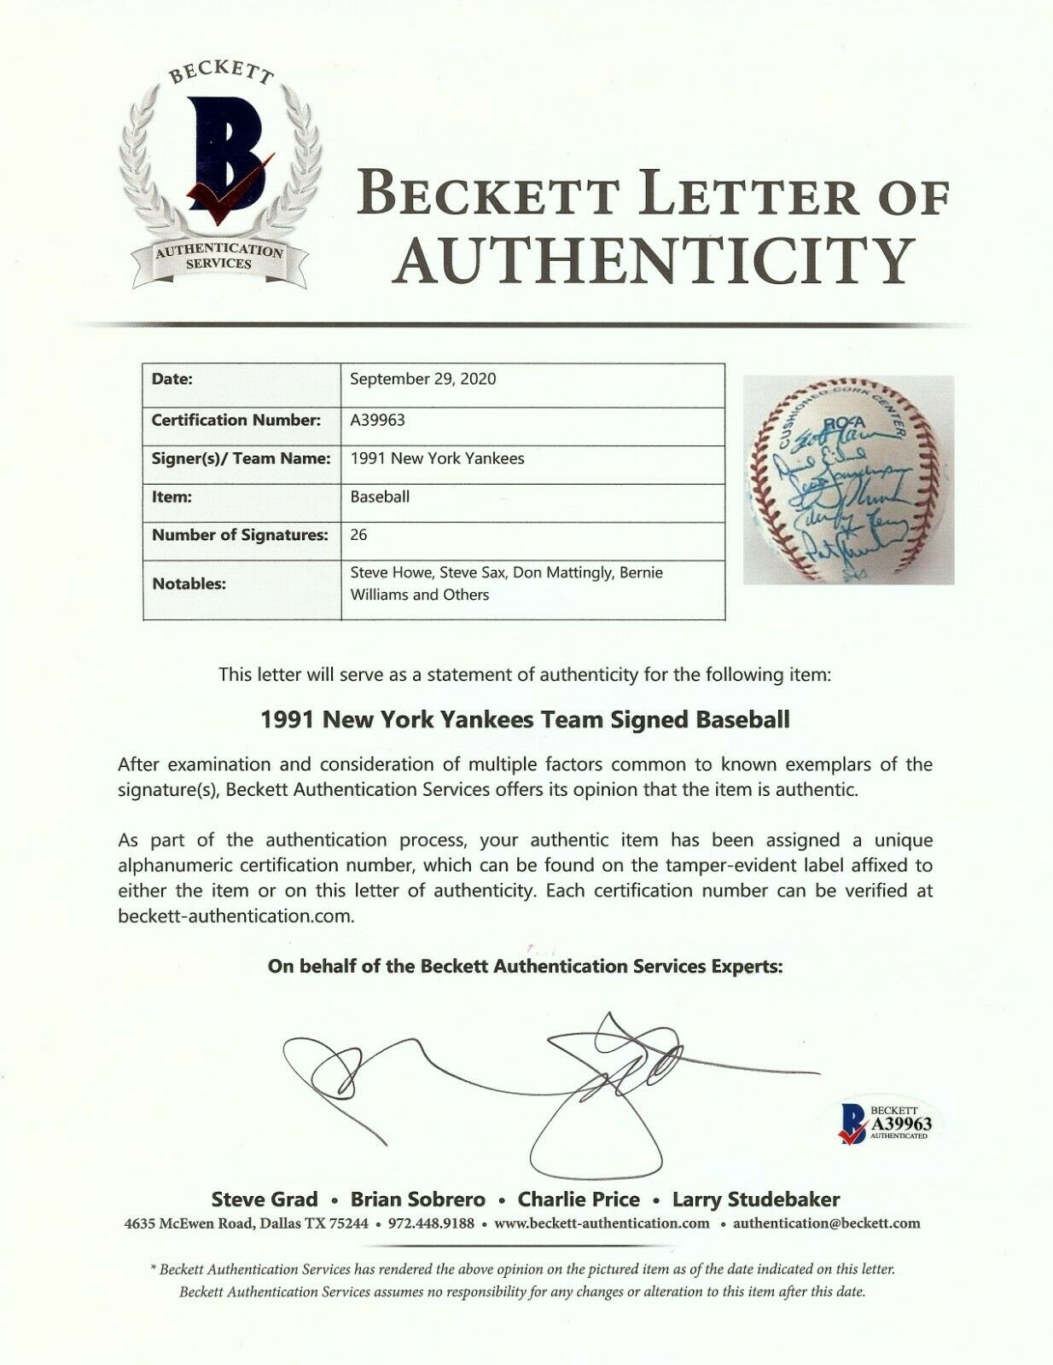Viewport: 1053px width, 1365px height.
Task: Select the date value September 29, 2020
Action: click(x=423, y=379)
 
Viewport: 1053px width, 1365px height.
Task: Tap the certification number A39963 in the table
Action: click(x=377, y=420)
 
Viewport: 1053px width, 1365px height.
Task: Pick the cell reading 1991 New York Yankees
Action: click(x=438, y=458)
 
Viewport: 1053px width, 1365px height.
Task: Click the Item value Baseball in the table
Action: click(x=380, y=497)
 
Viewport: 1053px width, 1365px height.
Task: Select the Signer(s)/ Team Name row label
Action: click(x=241, y=458)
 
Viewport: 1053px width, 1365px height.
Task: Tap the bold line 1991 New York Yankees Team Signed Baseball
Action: click(x=525, y=719)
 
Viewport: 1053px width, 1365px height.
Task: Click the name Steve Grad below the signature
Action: click(x=264, y=1199)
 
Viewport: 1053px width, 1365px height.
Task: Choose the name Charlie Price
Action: click(x=579, y=1199)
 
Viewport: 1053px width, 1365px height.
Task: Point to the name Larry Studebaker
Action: click(x=756, y=1199)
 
